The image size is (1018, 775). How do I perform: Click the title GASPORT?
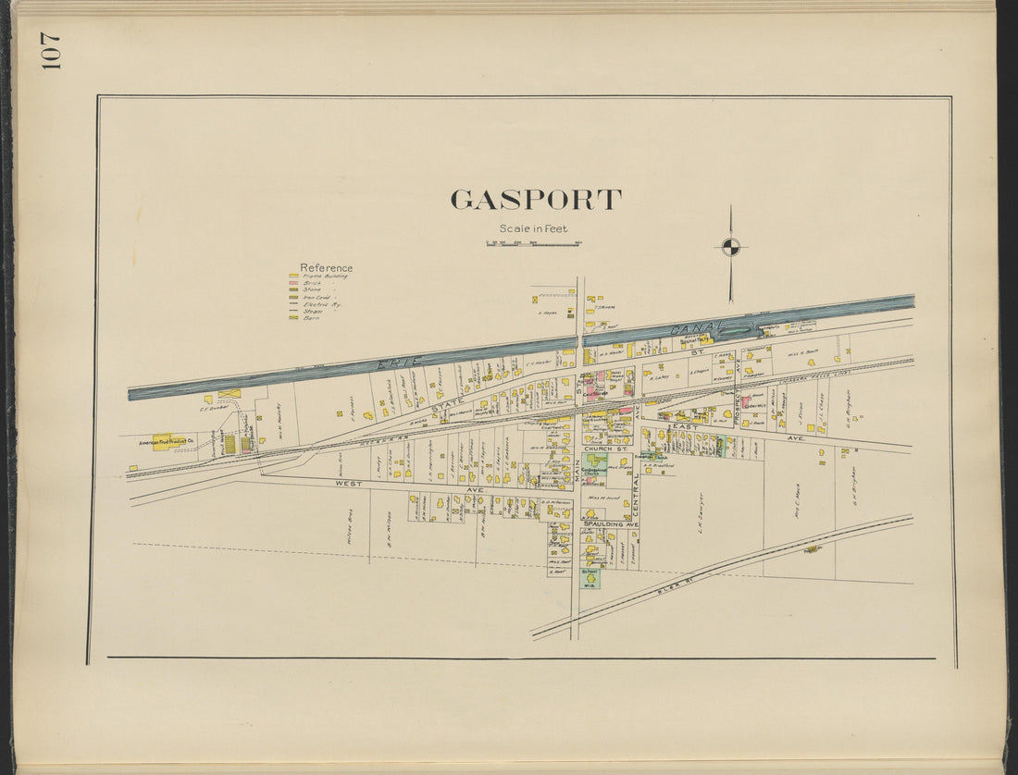coord(535,200)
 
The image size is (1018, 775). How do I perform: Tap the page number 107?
coord(50,52)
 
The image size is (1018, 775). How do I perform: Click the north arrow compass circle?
coord(730,246)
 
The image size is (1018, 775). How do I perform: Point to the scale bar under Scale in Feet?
coord(532,244)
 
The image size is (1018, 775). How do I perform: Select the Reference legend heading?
coord(326,268)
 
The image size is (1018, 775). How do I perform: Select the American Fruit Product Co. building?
coord(164,443)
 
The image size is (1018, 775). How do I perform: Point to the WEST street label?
coord(348,483)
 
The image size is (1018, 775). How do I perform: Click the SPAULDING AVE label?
coord(610,524)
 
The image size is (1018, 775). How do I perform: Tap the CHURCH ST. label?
coord(607,449)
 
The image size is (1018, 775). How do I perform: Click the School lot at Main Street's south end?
coord(590,579)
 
